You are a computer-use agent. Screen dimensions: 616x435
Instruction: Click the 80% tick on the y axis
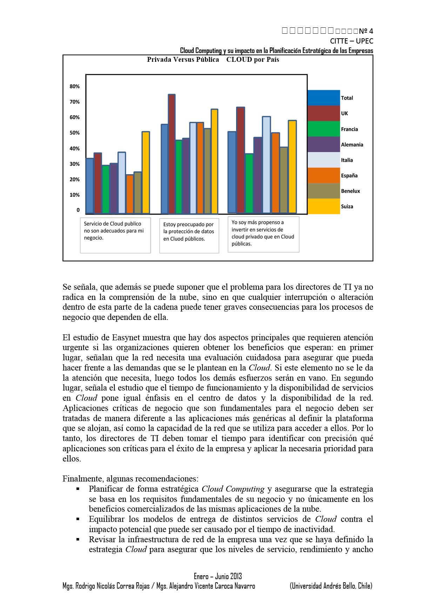tap(74, 86)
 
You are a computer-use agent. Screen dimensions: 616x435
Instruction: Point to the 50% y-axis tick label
tap(74, 133)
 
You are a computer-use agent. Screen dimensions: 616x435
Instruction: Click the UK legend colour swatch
tap(323, 113)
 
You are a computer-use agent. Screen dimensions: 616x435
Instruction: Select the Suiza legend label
tap(347, 207)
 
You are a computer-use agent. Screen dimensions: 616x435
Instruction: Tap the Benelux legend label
tap(350, 191)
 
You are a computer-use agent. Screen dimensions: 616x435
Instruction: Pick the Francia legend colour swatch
tap(323, 129)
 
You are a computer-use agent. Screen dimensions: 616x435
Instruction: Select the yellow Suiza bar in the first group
tap(146, 172)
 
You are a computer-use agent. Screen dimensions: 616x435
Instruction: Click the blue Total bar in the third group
tap(232, 172)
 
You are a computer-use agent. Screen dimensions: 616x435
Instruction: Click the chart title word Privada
tap(159, 60)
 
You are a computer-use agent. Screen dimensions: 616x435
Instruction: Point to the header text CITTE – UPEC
tap(352, 41)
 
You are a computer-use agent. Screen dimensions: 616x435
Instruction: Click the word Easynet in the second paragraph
tap(126, 338)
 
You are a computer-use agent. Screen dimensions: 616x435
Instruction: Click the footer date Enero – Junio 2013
tap(218, 576)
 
